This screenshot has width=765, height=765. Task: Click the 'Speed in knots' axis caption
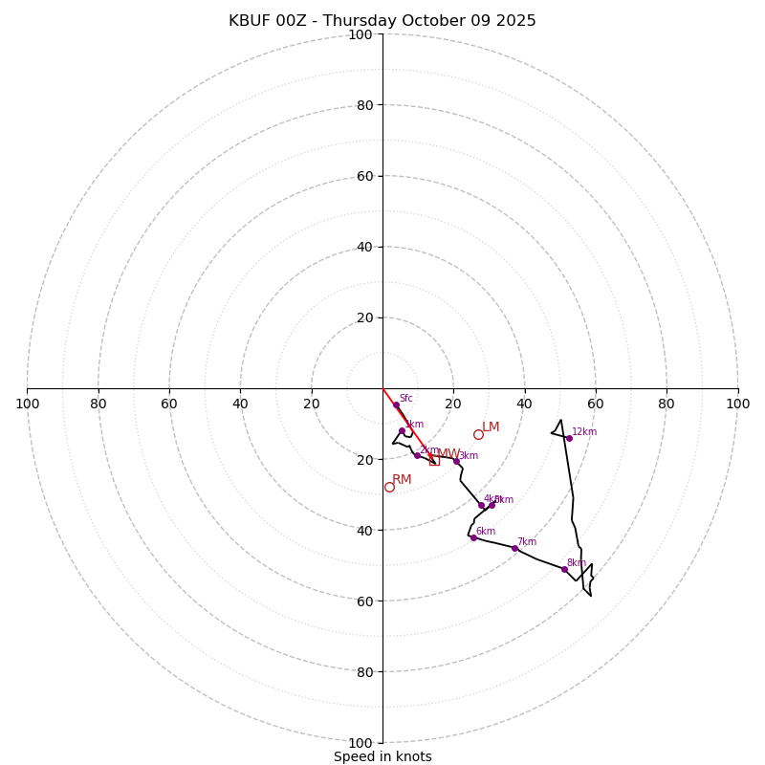coord(382,756)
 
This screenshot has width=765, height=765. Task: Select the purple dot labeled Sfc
coord(396,404)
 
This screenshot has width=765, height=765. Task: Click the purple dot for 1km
coord(402,431)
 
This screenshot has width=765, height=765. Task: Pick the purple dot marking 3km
coord(456,461)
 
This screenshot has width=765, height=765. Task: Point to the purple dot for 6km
coord(473,537)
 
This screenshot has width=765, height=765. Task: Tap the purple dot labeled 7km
coord(514,548)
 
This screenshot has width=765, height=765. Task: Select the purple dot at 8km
coord(564,569)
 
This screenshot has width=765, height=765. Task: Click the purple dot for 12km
coord(569,438)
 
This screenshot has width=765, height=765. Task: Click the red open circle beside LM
coord(478,434)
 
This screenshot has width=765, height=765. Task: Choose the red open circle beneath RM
coord(389,487)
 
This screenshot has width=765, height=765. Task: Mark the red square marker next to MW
coord(434,460)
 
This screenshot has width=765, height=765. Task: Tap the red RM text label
coord(402,479)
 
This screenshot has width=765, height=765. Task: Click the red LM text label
coord(491,426)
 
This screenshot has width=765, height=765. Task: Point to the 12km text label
coord(584,431)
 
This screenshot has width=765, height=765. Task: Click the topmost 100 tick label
coord(361,34)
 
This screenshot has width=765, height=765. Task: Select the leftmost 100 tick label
coord(27,404)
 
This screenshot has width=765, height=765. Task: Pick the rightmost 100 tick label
coord(737,404)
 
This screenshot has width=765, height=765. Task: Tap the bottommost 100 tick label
coord(361,742)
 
